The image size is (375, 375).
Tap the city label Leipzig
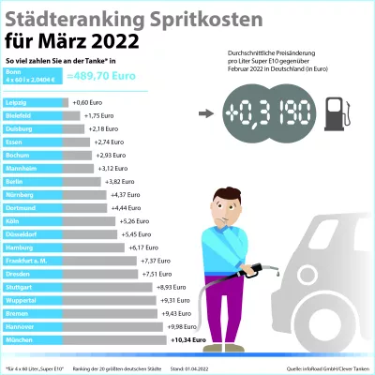(x=16, y=101)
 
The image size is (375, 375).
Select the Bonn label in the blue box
(x=12, y=71)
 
